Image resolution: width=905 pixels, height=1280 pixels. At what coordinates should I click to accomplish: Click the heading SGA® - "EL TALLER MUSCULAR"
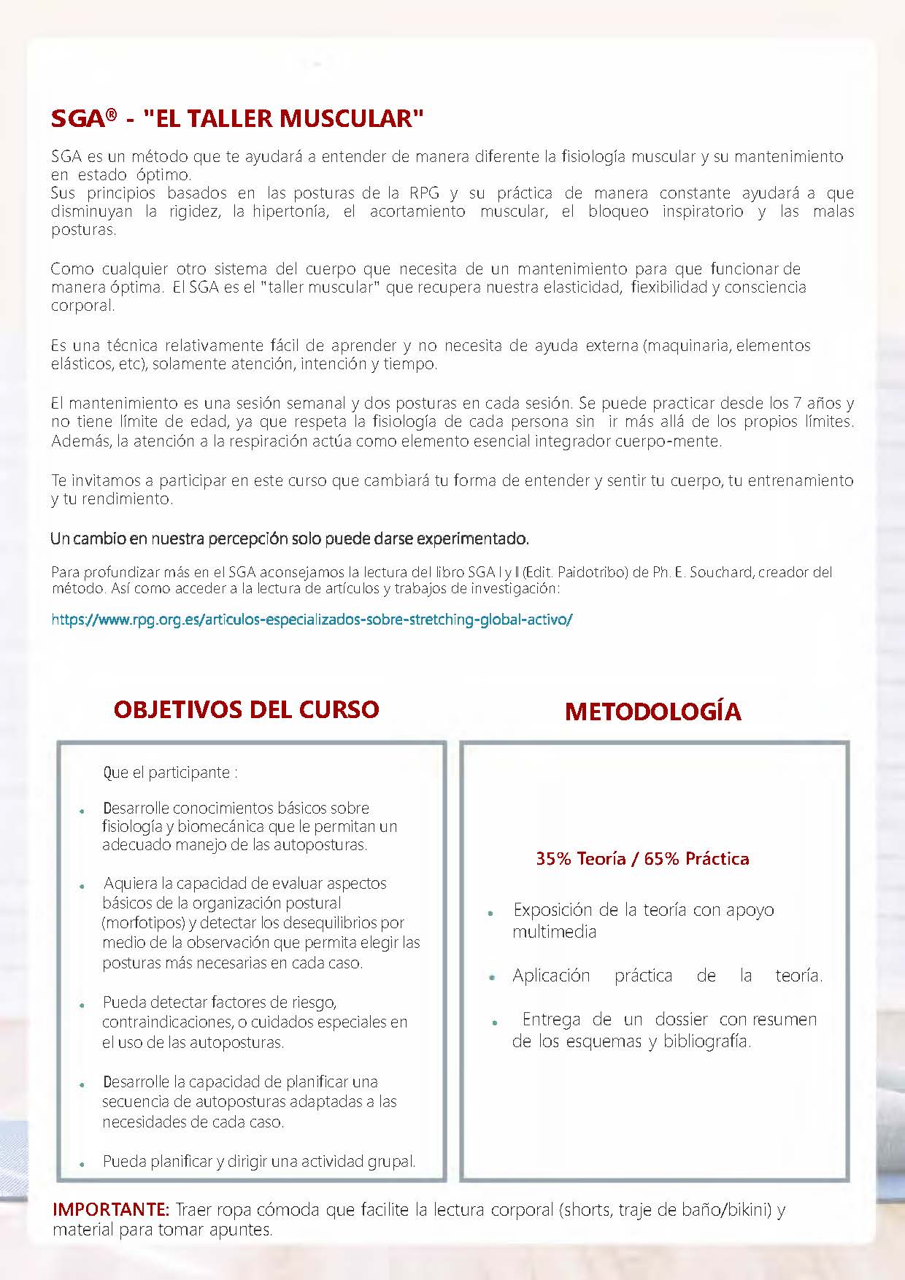(x=237, y=118)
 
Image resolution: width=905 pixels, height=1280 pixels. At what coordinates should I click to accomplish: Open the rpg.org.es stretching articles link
(x=312, y=620)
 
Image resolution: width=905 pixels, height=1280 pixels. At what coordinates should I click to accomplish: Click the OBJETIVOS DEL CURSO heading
(x=246, y=709)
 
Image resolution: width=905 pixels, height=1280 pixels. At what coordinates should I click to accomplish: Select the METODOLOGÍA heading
(x=652, y=712)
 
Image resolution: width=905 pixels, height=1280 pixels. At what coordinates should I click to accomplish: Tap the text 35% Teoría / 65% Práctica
(x=642, y=859)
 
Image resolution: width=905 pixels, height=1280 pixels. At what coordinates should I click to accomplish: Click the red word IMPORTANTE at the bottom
(x=110, y=1209)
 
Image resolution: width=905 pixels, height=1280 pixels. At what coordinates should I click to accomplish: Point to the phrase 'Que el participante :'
(x=170, y=772)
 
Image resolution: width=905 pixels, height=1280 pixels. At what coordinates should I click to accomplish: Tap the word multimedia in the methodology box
(x=554, y=932)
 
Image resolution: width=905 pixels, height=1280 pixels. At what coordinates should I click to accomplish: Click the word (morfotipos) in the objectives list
(x=144, y=922)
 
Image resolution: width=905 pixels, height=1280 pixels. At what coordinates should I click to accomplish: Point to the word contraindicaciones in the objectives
(x=164, y=1022)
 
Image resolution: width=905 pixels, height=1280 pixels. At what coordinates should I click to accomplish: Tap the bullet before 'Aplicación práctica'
(x=493, y=977)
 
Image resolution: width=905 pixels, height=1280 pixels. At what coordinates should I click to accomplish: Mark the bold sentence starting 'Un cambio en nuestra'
(x=290, y=539)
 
